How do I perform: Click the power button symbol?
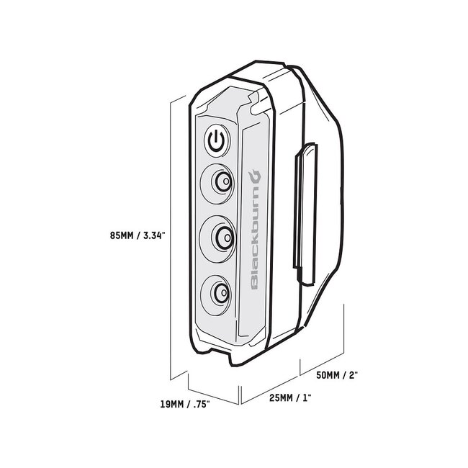pyautogui.click(x=217, y=141)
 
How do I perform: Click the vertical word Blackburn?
pyautogui.click(x=255, y=229)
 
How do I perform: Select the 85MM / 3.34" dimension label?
pyautogui.click(x=138, y=235)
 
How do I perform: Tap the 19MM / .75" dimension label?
pyautogui.click(x=185, y=405)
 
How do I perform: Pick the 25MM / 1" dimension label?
pyautogui.click(x=290, y=398)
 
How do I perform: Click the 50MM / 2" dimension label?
pyautogui.click(x=337, y=375)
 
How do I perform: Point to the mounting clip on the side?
pyautogui.click(x=305, y=213)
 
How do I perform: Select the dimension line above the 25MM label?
pyautogui.click(x=269, y=390)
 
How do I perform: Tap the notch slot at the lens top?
pyautogui.click(x=257, y=104)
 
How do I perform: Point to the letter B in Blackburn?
pyautogui.click(x=255, y=284)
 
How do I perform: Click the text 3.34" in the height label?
pyautogui.click(x=154, y=235)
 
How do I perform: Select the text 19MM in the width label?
pyautogui.click(x=172, y=405)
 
